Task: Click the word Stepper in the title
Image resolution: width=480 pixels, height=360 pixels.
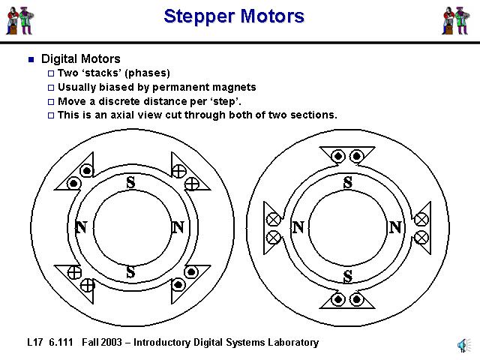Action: [196, 16]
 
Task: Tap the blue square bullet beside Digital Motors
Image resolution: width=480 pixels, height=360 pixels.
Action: [31, 59]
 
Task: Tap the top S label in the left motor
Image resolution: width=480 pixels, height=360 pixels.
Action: [130, 182]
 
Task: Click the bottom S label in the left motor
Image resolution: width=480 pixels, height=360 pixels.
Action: [130, 272]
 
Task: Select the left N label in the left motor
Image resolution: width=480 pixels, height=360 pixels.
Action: [81, 227]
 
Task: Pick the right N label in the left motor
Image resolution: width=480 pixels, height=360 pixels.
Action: [178, 227]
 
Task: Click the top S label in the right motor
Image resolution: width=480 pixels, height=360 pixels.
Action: [347, 182]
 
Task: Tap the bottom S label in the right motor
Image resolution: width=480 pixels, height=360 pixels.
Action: [347, 277]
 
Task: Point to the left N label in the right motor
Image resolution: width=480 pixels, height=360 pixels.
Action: [298, 227]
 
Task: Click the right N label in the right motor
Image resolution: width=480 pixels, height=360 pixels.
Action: [395, 227]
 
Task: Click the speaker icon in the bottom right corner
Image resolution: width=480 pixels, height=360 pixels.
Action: [462, 345]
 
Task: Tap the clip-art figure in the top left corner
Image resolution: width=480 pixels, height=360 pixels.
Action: [20, 20]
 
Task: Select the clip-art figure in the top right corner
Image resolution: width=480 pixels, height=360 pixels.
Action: [455, 20]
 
